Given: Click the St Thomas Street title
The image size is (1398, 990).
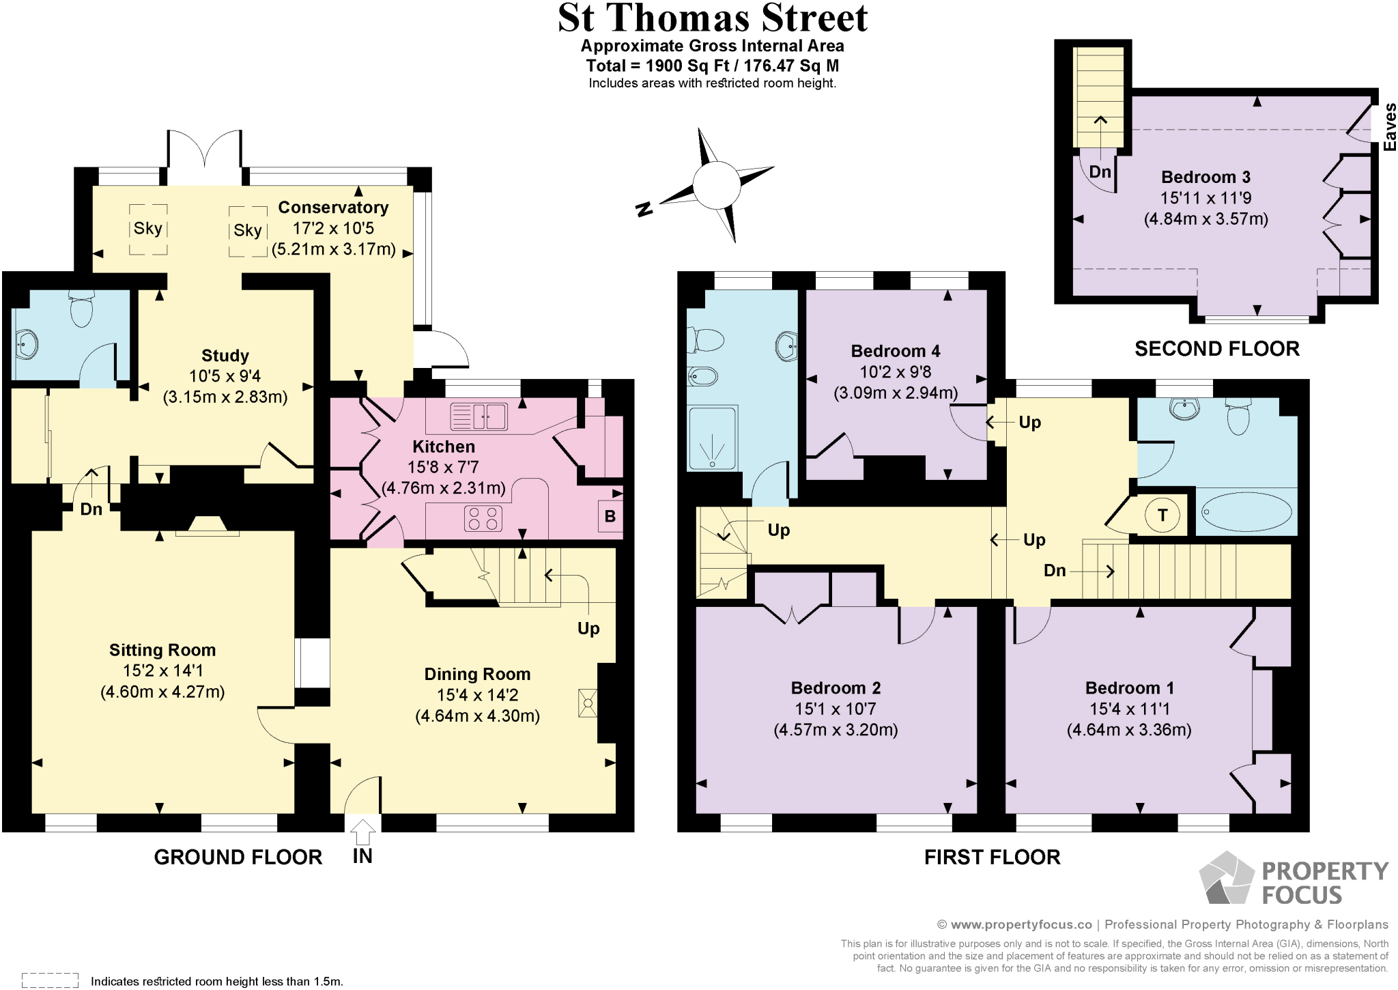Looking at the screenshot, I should [x=712, y=19].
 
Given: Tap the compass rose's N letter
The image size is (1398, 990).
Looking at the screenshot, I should [x=643, y=209].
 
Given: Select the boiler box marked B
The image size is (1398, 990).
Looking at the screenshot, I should [x=610, y=516].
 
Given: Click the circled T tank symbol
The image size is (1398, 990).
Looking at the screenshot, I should [x=1162, y=515].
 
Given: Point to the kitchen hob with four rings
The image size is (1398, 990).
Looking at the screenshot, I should [x=483, y=518].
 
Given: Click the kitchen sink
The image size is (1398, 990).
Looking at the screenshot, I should [x=479, y=416].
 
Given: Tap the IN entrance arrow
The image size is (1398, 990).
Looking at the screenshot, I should [x=362, y=834].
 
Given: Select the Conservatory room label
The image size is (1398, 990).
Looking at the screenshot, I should [x=333, y=208].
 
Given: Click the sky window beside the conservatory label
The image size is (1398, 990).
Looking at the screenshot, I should [x=247, y=231].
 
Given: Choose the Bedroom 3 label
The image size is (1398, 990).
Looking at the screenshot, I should [x=1206, y=178].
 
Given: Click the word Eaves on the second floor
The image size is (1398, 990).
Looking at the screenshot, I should [x=1390, y=127].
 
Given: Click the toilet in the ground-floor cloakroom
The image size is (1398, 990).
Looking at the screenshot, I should [x=81, y=311].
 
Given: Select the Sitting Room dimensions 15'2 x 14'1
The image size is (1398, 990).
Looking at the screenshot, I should [x=162, y=670].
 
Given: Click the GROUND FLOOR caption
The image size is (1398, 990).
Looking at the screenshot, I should [x=238, y=857].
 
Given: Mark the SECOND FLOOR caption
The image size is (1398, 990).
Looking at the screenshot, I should [x=1216, y=349].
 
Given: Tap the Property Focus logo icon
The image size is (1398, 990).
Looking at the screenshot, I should [x=1226, y=879].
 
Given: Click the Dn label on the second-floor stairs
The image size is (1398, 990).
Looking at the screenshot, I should [x=1100, y=171].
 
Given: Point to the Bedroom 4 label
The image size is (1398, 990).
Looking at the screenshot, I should [x=895, y=351].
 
